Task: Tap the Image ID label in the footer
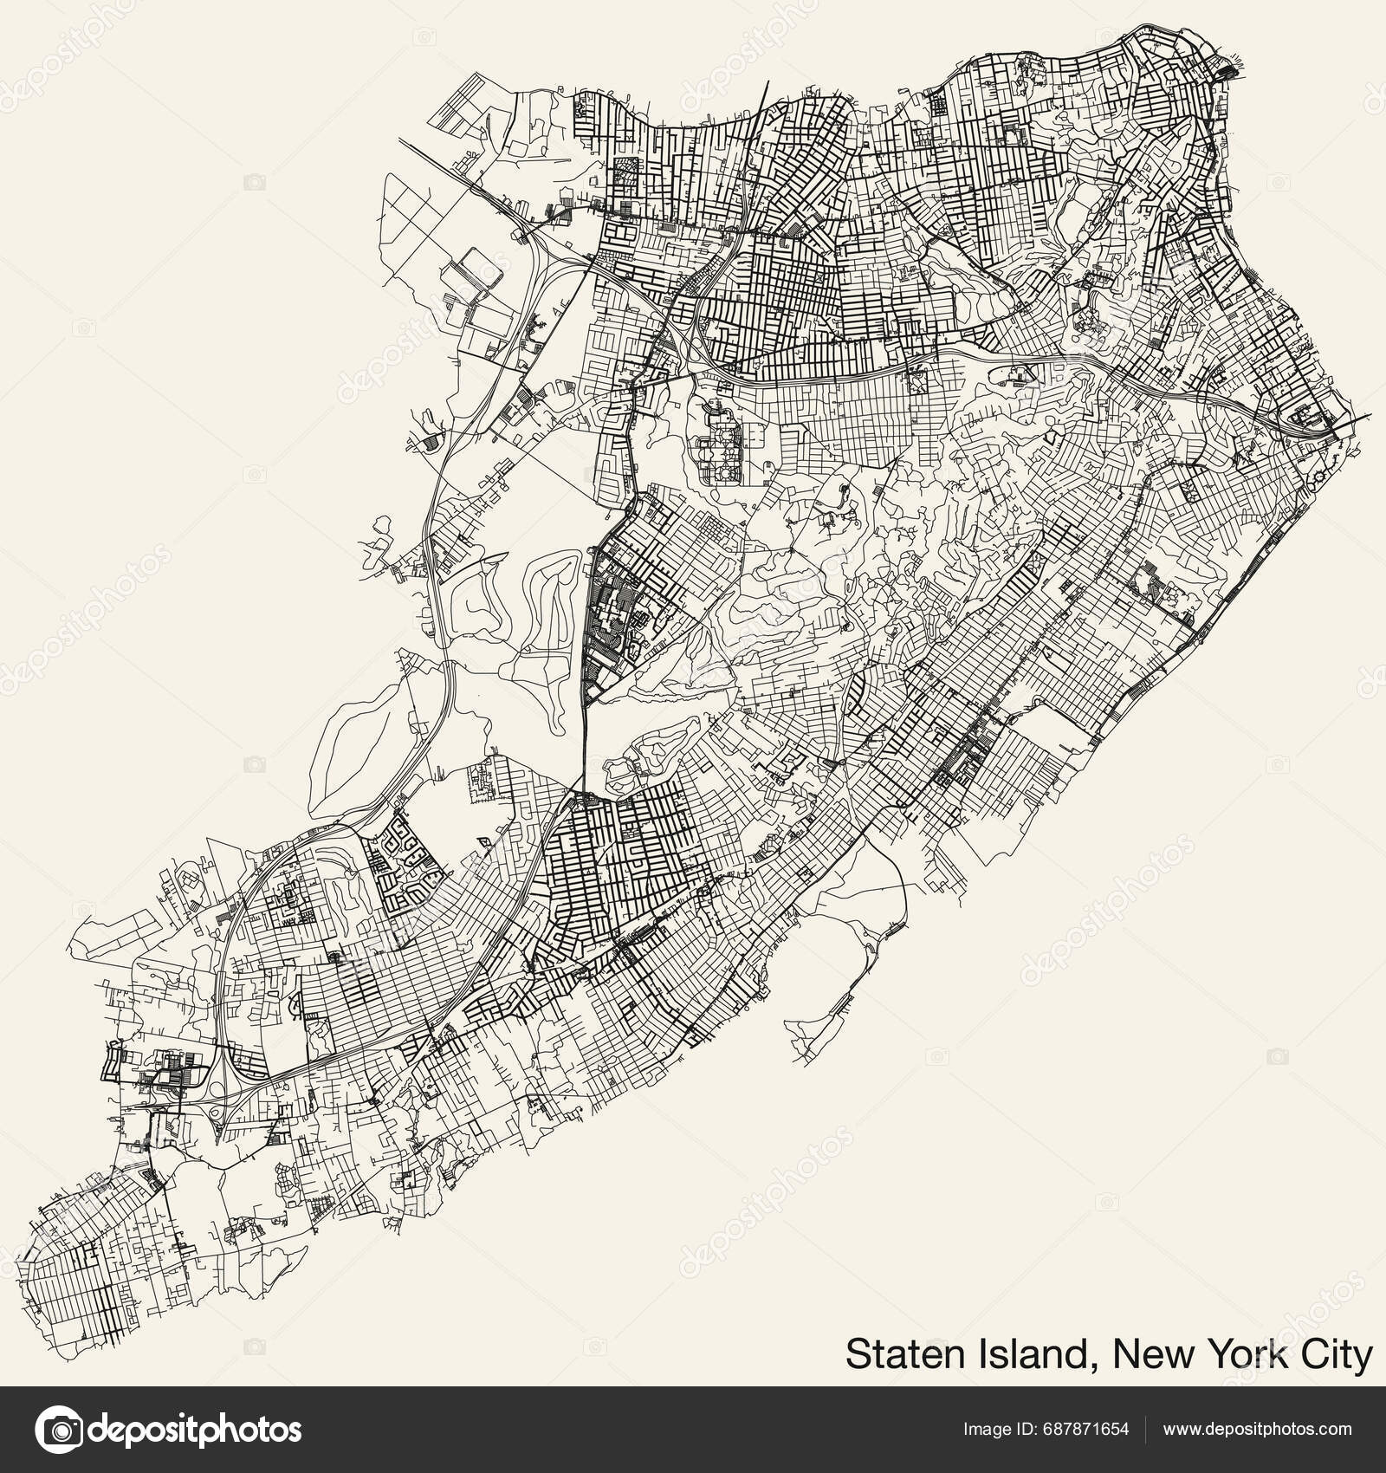[x=999, y=1428]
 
